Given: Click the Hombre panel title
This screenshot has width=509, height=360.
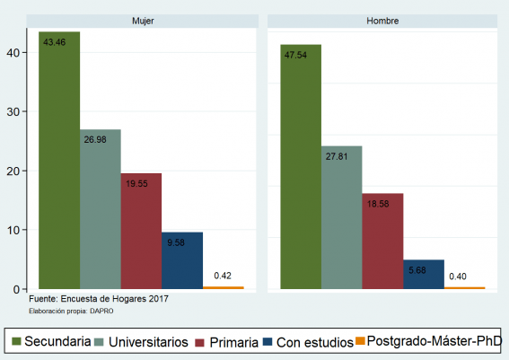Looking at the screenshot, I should (383, 20).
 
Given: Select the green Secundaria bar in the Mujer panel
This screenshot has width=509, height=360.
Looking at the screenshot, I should (59, 162).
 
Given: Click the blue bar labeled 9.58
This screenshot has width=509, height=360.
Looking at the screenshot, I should (182, 261).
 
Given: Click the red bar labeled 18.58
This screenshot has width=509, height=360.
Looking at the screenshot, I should (382, 241).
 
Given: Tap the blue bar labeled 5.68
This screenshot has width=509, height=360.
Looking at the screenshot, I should (424, 275).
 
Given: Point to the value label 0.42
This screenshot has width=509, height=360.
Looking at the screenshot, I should (224, 276).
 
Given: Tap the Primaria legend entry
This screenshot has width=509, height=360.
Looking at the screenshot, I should (232, 341).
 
